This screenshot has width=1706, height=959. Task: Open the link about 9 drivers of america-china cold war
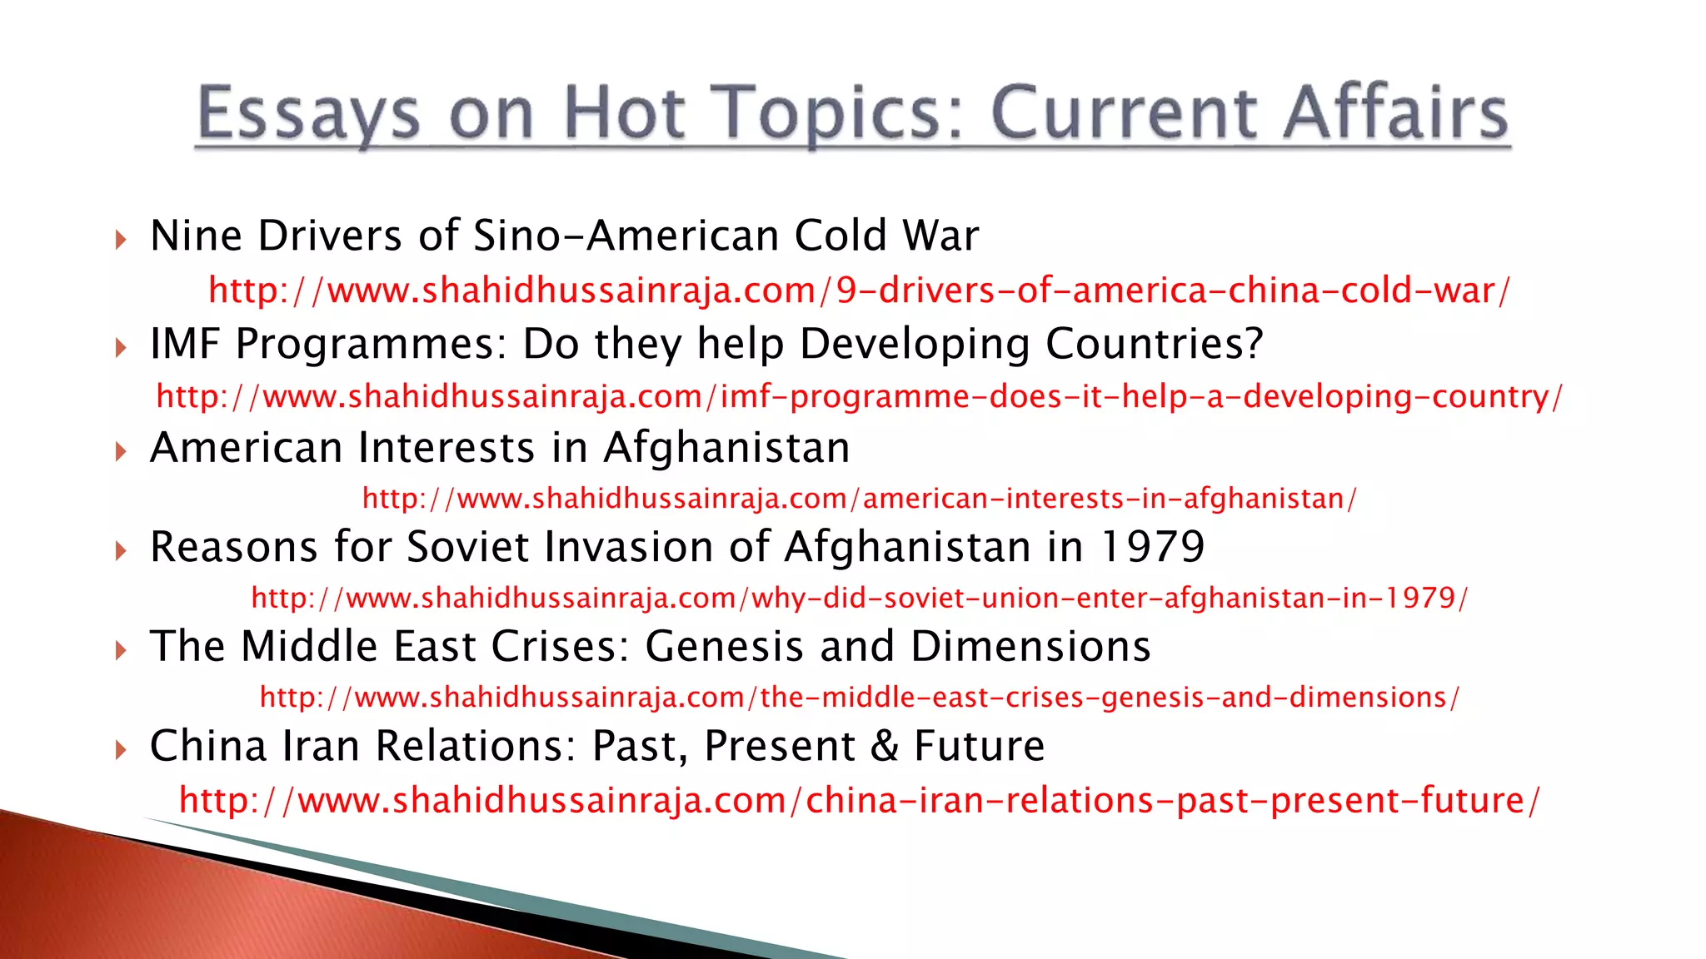(858, 291)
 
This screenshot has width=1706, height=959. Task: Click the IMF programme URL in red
(859, 396)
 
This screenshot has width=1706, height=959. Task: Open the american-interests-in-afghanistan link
(859, 499)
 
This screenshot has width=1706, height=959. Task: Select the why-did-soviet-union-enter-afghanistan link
(859, 598)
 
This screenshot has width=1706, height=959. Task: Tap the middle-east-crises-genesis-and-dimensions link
(859, 697)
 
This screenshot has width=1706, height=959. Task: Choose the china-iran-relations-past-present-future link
(859, 800)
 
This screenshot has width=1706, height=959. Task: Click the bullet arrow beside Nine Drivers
(122, 241)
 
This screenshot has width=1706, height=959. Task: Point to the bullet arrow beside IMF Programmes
(122, 347)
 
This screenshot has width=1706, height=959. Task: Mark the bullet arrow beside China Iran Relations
(122, 750)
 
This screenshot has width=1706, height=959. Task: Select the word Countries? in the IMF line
(1154, 344)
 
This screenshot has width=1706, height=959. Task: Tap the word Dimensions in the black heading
(1030, 647)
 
